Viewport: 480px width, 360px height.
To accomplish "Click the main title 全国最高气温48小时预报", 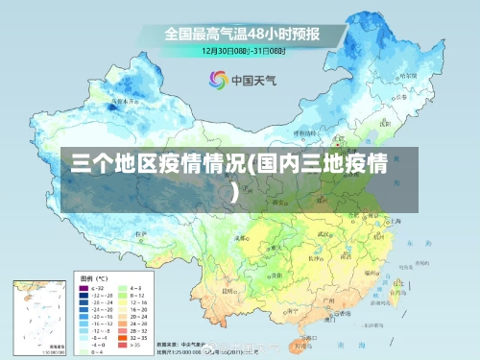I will pos(242,34).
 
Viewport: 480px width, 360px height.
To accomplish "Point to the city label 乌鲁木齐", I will pos(123,99).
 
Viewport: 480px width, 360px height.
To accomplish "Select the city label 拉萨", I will pos(141,233).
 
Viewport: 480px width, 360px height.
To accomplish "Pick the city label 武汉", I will pos(324,233).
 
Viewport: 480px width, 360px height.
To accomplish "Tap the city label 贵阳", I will pos(262,274).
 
